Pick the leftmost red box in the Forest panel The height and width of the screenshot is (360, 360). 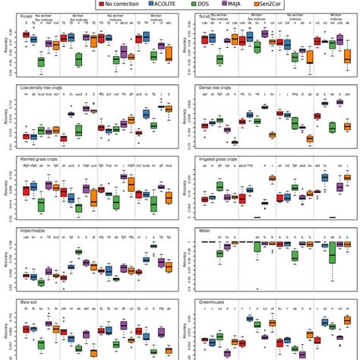[26, 35]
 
